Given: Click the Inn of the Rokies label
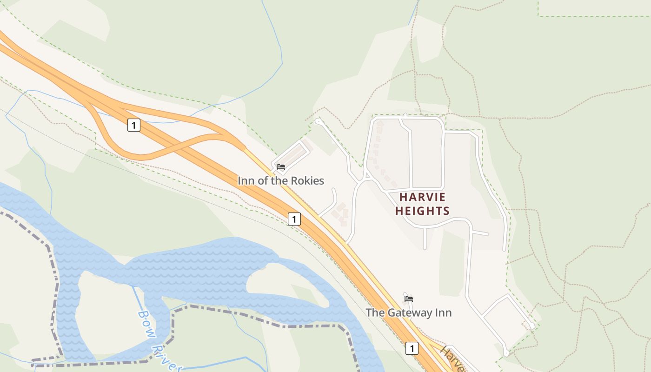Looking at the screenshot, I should click(281, 180).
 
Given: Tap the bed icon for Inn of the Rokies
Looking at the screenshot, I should click(281, 167).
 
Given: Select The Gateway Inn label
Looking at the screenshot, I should click(408, 312).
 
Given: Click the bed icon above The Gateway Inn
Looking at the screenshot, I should click(409, 299).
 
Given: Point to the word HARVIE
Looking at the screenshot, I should click(422, 197).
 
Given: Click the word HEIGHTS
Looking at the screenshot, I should click(422, 211).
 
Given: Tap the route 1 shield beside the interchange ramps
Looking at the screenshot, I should click(134, 125).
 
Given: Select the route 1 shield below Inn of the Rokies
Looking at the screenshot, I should click(294, 219).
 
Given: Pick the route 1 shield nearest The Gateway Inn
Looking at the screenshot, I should click(412, 348).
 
